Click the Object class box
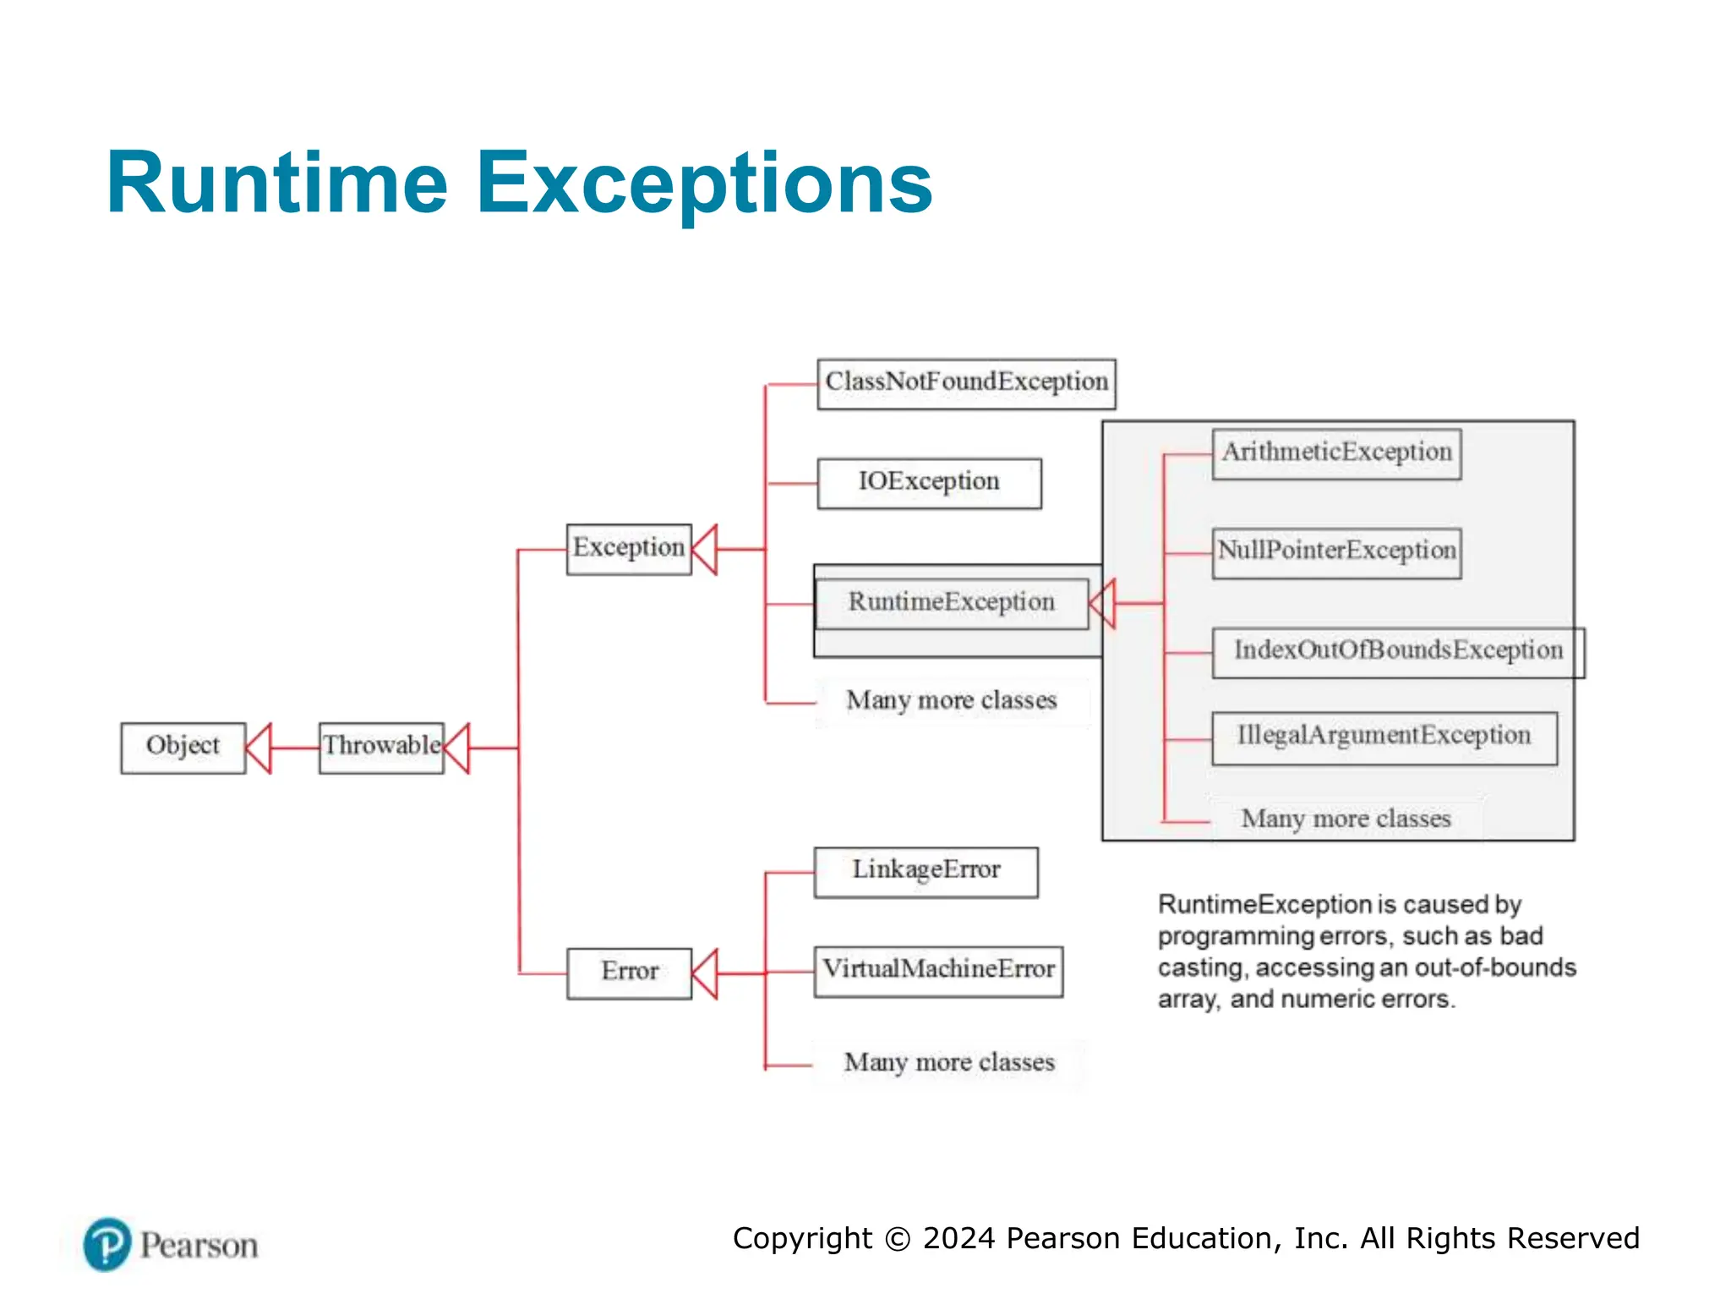pos(183,748)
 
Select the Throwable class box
pos(381,748)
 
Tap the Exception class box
pos(628,549)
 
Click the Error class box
pos(629,973)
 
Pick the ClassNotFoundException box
pos(966,384)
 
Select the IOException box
pos(929,483)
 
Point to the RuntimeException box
pos(951,604)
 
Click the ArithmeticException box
pos(1336,454)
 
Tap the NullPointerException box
pos(1336,553)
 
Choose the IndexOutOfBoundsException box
pos(1397,652)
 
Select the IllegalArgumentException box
pos(1384,737)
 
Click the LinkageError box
pos(926,872)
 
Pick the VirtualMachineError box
pos(938,971)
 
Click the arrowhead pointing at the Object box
pos(259,748)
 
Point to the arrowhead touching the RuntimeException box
pos(1103,604)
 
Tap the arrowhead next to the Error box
pos(705,973)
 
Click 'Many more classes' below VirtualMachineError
pos(948,1063)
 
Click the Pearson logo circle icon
pos(107,1244)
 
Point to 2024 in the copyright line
pos(959,1238)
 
